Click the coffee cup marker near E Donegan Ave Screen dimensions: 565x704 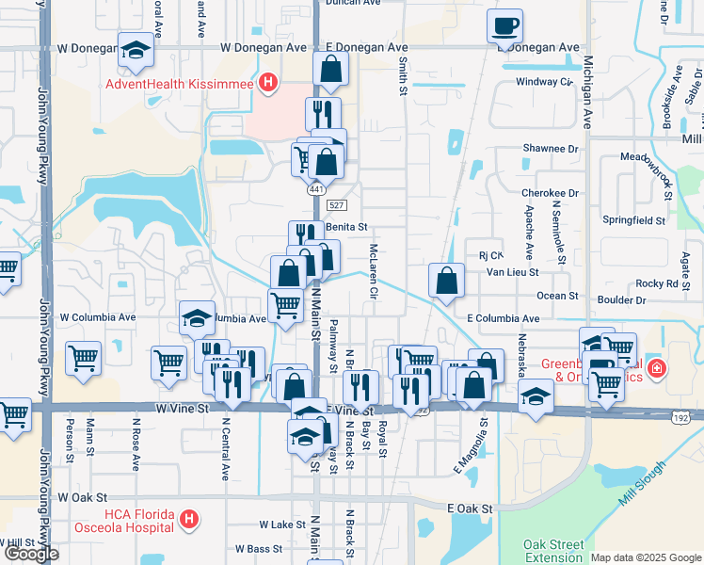pyautogui.click(x=505, y=26)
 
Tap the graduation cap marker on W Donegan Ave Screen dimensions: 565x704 pyautogui.click(x=136, y=51)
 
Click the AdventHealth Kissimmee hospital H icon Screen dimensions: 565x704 pyautogui.click(x=268, y=84)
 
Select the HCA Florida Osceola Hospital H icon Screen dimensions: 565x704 pyautogui.click(x=189, y=519)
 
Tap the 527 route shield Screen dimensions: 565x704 pyautogui.click(x=336, y=205)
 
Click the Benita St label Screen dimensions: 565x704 pyautogui.click(x=345, y=227)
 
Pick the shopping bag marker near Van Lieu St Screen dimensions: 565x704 pyautogui.click(x=447, y=281)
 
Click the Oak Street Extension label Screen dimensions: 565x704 pyautogui.click(x=553, y=551)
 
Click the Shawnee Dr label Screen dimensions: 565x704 pyautogui.click(x=551, y=148)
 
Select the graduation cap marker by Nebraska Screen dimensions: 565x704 pyautogui.click(x=536, y=396)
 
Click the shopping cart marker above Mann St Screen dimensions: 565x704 pyautogui.click(x=83, y=359)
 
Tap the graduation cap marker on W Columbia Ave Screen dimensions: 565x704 pyautogui.click(x=198, y=318)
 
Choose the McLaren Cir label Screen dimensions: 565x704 pyautogui.click(x=374, y=273)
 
